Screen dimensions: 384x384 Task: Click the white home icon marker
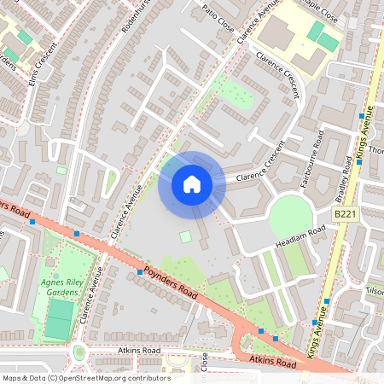click(191, 183)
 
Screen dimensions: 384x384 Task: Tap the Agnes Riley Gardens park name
click(60, 288)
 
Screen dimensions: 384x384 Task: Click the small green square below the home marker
click(186, 236)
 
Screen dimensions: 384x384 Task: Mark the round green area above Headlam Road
click(290, 217)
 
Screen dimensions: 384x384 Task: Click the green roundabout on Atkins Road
click(79, 352)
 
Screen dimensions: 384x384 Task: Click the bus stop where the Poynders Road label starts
click(140, 271)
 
